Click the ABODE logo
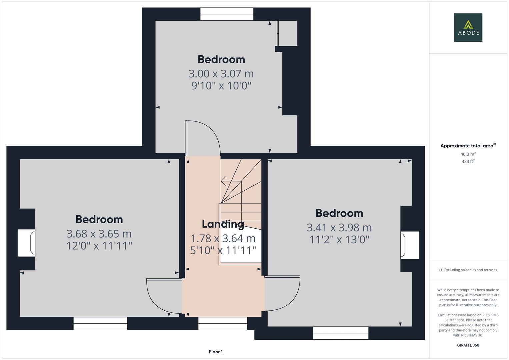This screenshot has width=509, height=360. pos(468,28)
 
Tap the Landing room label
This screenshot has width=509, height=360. pos(223,224)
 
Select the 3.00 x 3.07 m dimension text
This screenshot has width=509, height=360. pos(221,73)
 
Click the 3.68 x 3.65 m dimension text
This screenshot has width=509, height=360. pos(99,233)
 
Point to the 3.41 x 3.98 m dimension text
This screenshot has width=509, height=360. pos(339,227)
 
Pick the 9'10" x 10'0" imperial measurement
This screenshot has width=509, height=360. pos(221,86)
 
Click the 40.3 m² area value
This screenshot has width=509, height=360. pos(468,154)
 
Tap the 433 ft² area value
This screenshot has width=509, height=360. pos(468,161)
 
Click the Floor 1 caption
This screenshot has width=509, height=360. pos(216,352)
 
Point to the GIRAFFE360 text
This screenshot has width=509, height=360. pos(468,345)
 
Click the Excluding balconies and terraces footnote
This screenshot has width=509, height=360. pos(468,270)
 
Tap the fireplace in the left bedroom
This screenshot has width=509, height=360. pos(27,243)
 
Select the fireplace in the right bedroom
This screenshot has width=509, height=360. pos(409,245)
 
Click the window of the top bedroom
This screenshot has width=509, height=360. pos(227,14)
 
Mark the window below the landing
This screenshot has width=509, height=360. pos(223,323)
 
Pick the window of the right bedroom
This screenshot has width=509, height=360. pos(341,333)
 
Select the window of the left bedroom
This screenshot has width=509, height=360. pos(100,323)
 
